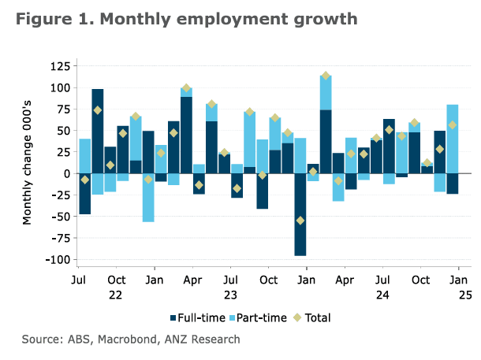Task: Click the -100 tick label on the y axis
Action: [x=53, y=259]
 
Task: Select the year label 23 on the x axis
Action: [x=229, y=295]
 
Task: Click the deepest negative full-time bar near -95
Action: [x=300, y=214]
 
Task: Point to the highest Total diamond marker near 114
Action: [x=326, y=76]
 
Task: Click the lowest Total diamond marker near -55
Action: [x=300, y=221]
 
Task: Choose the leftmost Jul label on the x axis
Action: [x=78, y=280]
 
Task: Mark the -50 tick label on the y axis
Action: [x=56, y=217]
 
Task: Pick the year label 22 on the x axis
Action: [x=116, y=295]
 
